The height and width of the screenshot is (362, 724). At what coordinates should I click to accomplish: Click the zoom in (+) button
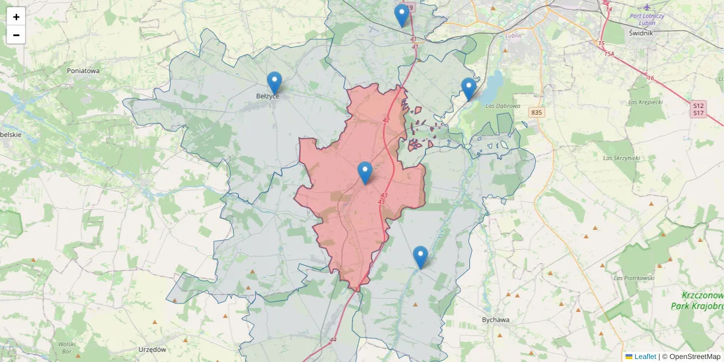[16, 17]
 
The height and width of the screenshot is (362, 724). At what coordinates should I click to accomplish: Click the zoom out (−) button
[16, 35]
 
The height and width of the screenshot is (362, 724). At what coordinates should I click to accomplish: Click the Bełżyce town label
[267, 96]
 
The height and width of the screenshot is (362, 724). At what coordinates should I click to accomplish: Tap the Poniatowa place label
[83, 71]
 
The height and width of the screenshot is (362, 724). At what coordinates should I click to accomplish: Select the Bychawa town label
[496, 320]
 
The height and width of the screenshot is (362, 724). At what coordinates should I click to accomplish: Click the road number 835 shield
[535, 112]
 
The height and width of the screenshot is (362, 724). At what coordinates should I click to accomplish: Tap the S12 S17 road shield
[698, 109]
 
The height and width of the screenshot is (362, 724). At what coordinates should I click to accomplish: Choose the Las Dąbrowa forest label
[503, 106]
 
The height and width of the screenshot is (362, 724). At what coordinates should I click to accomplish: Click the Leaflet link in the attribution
[644, 357]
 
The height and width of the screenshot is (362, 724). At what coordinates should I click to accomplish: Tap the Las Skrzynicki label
[621, 158]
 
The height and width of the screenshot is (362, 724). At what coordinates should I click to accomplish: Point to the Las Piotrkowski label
[634, 278]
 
